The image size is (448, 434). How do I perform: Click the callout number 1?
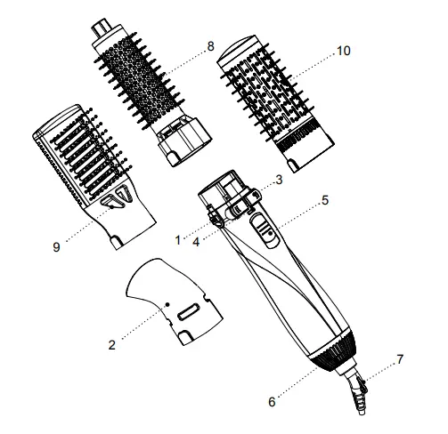pyautogui.click(x=178, y=239)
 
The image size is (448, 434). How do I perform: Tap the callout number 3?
pyautogui.click(x=279, y=181)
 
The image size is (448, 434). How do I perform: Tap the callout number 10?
pyautogui.click(x=345, y=53)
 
